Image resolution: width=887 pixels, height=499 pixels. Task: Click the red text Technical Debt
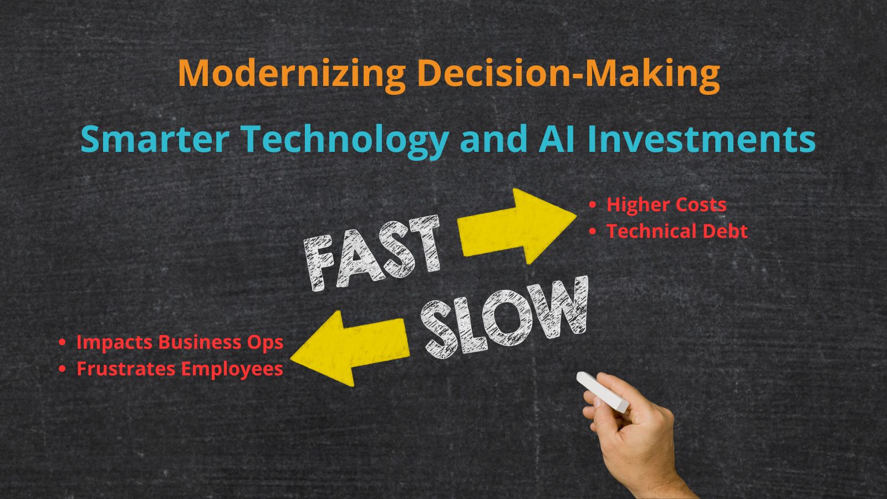677,231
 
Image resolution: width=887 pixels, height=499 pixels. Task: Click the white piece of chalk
602,391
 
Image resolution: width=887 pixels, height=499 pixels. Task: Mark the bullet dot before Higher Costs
593,205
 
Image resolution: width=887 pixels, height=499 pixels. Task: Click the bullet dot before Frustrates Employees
62,369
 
